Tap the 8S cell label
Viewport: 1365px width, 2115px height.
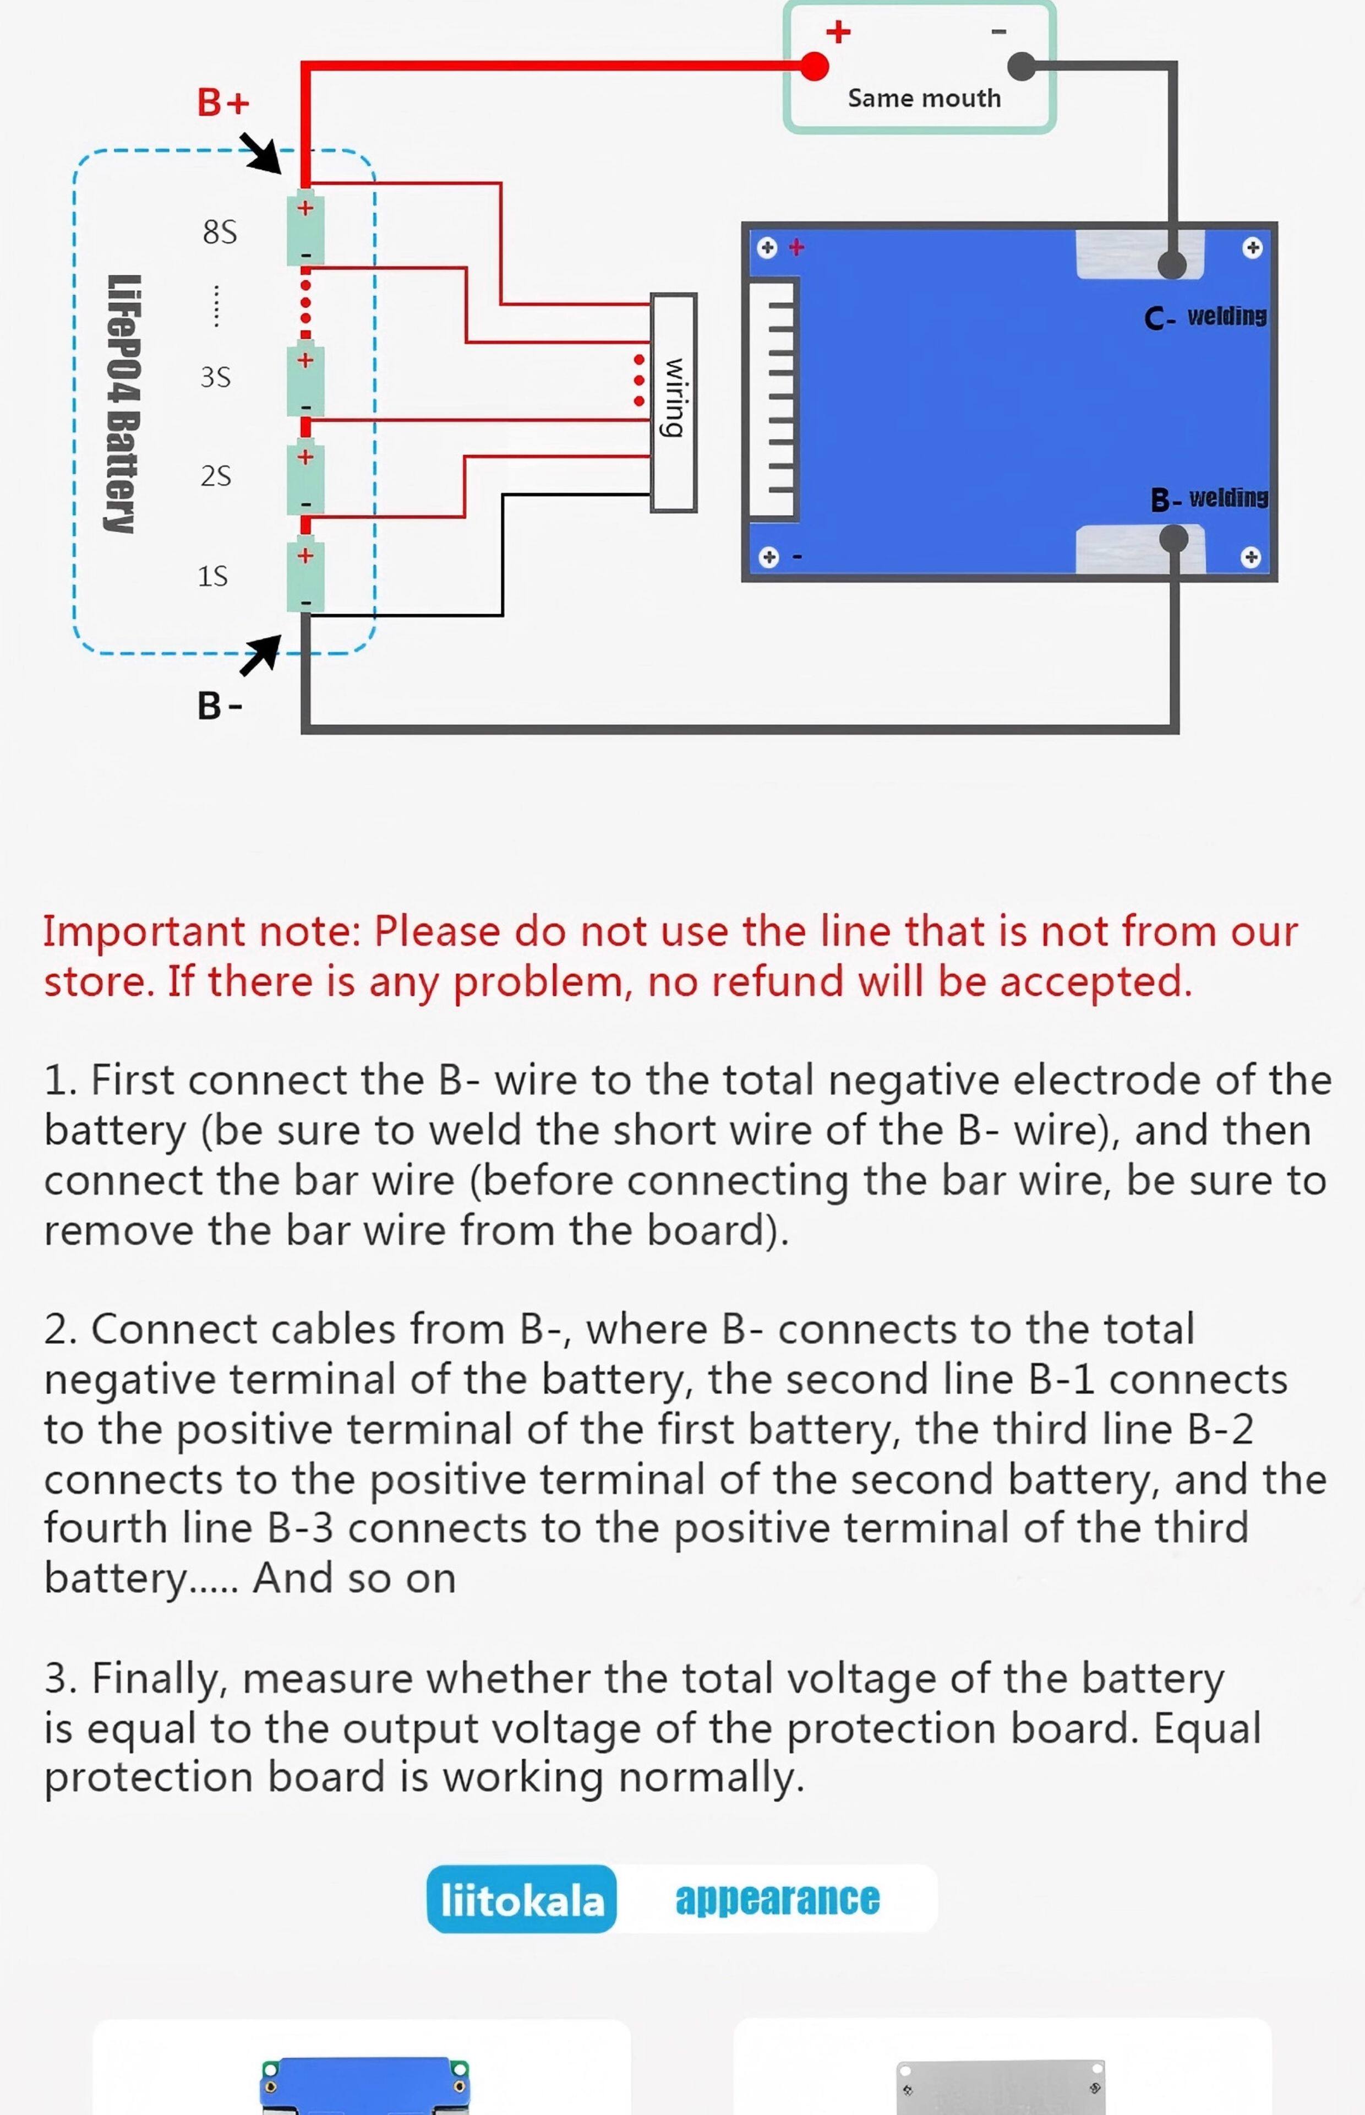coord(220,232)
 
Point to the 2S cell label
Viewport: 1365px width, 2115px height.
coord(215,476)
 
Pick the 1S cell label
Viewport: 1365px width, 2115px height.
coord(212,577)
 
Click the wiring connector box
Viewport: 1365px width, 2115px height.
coord(674,403)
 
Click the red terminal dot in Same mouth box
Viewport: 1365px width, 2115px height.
coord(813,66)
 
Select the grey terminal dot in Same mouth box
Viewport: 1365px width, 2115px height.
coord(1022,66)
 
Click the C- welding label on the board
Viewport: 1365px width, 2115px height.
coord(1205,317)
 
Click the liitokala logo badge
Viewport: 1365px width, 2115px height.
coord(522,1899)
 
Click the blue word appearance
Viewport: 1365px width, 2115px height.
coord(777,1899)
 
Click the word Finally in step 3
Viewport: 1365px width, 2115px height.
coord(152,1679)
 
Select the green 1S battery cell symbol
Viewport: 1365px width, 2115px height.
coord(305,577)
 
